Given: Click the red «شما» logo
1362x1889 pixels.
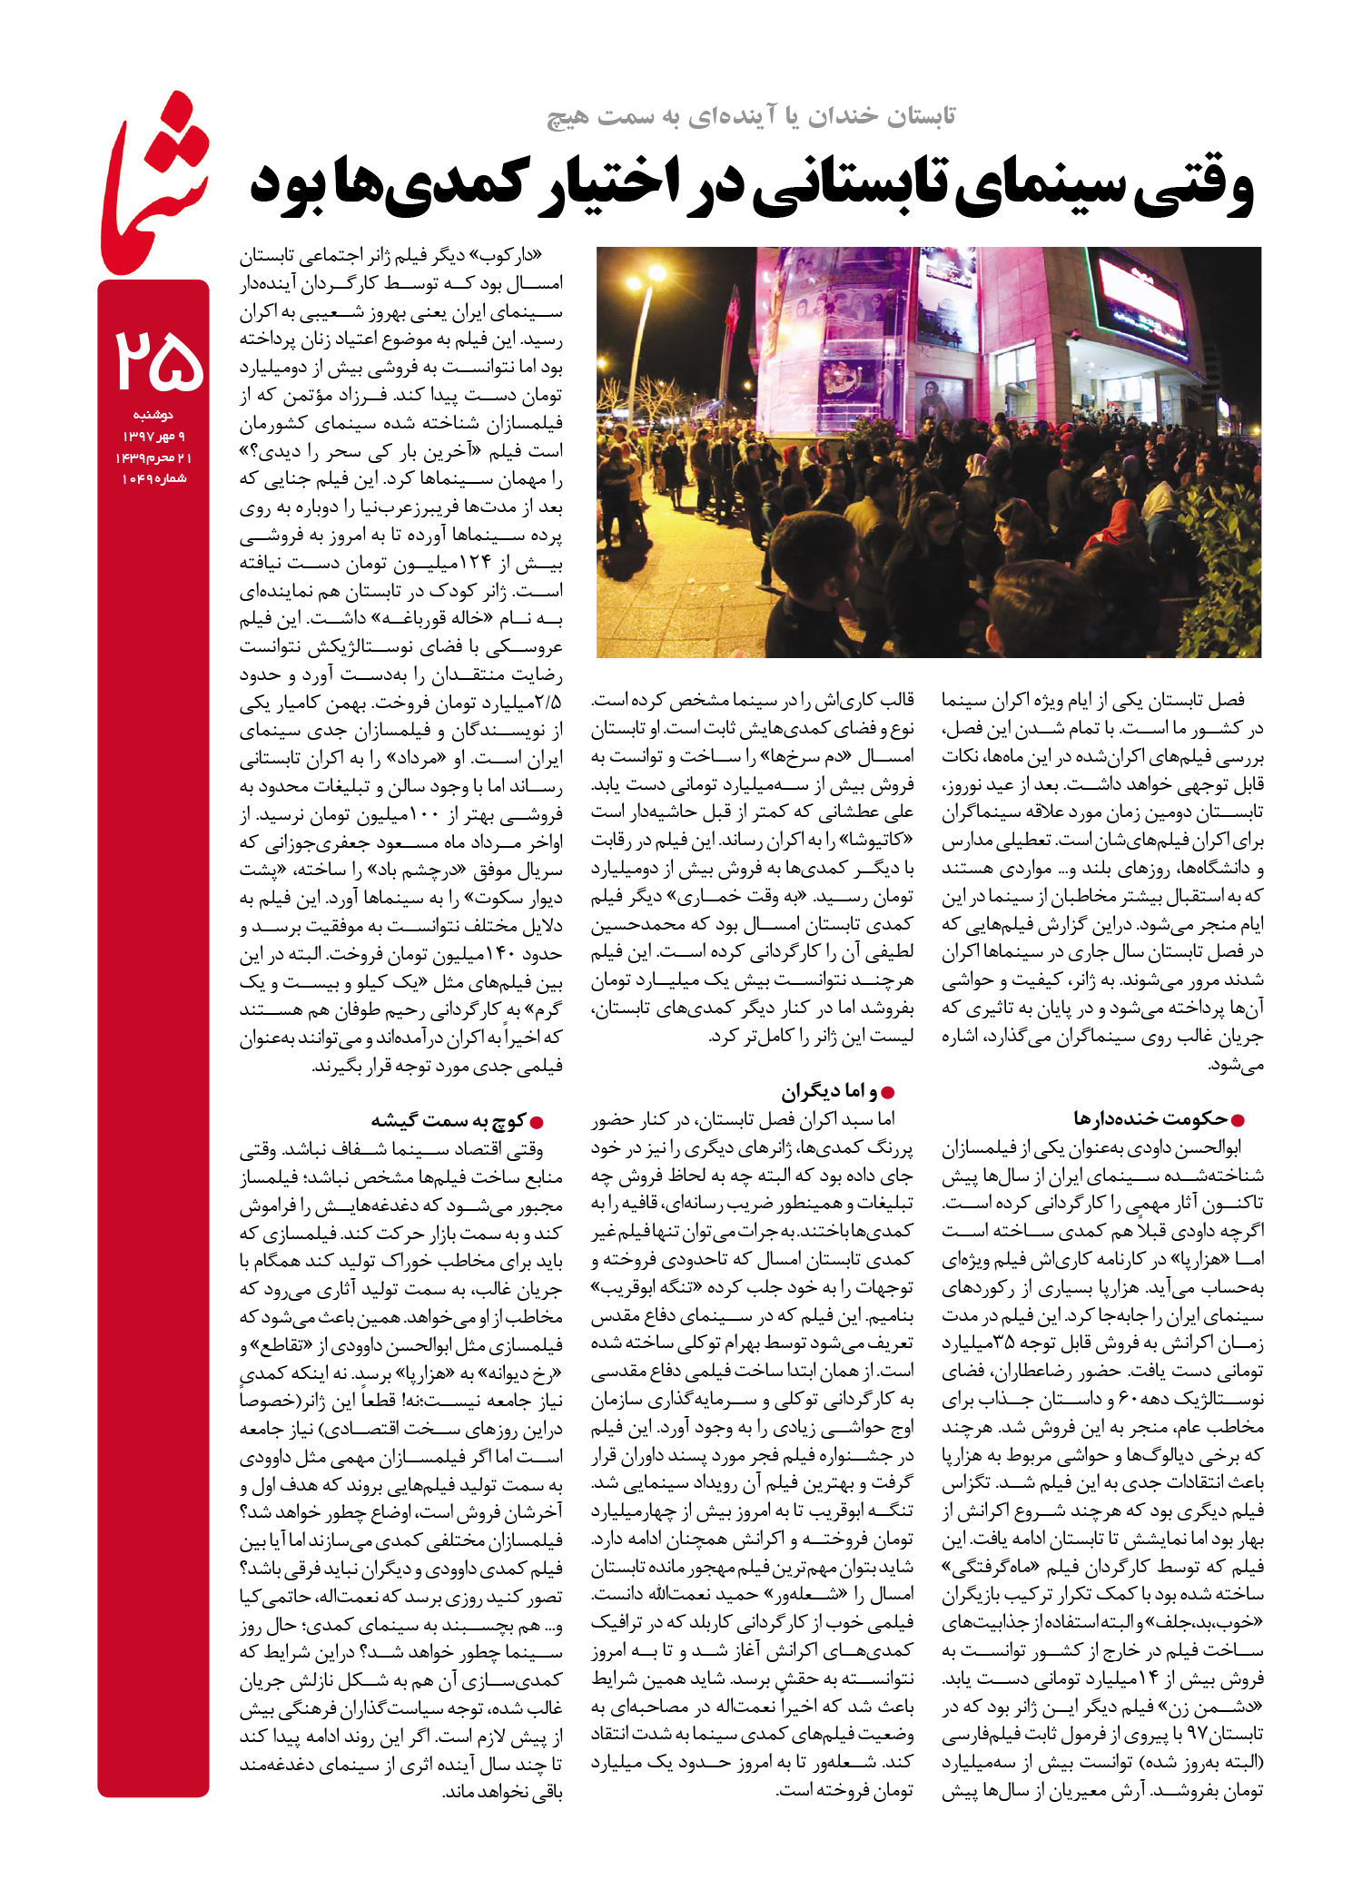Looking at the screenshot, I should (153, 186).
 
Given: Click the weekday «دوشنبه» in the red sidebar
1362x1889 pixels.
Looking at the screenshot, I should (153, 415).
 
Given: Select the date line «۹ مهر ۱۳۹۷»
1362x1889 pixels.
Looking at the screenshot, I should (153, 436).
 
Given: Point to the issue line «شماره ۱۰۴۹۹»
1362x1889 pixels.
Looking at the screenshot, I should (153, 478).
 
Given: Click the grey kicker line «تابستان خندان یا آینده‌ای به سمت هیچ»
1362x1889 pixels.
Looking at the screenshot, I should (751, 116).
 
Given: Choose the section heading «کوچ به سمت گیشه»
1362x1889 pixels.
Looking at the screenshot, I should (448, 1120).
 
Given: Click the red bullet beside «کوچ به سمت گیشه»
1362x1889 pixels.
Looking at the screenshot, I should (536, 1122).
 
